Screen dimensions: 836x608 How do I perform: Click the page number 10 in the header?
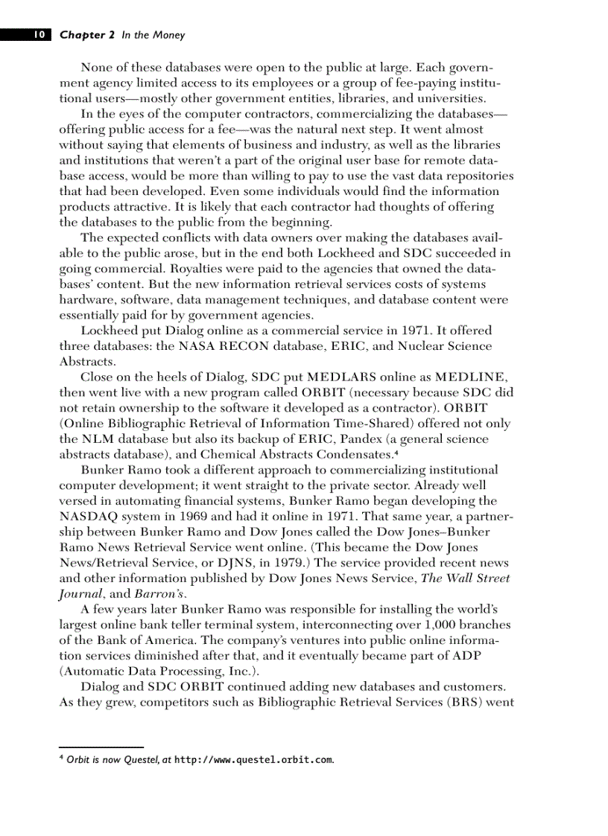(39, 35)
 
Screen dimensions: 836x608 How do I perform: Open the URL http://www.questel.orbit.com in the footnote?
(253, 760)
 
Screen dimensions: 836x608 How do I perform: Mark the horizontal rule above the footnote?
(101, 746)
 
